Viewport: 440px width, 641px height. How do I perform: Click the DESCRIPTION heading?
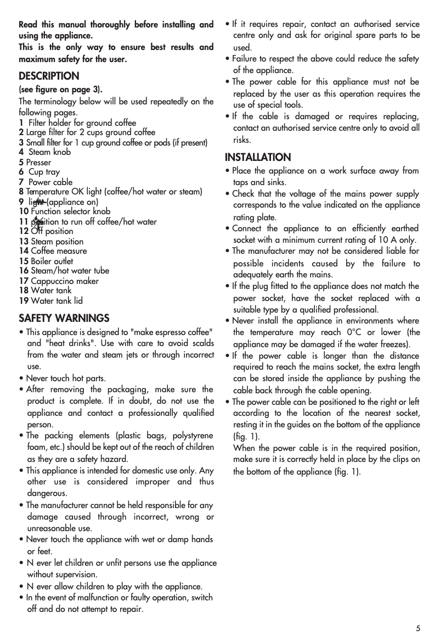tap(49, 76)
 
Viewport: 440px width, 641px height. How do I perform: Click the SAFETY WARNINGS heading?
tap(64, 318)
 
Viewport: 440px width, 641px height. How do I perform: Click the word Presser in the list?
tap(38, 163)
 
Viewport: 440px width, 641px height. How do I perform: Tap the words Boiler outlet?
tap(52, 261)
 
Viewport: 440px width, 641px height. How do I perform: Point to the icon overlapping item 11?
tap(37, 222)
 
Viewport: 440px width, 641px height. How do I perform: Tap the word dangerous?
tap(47, 493)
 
